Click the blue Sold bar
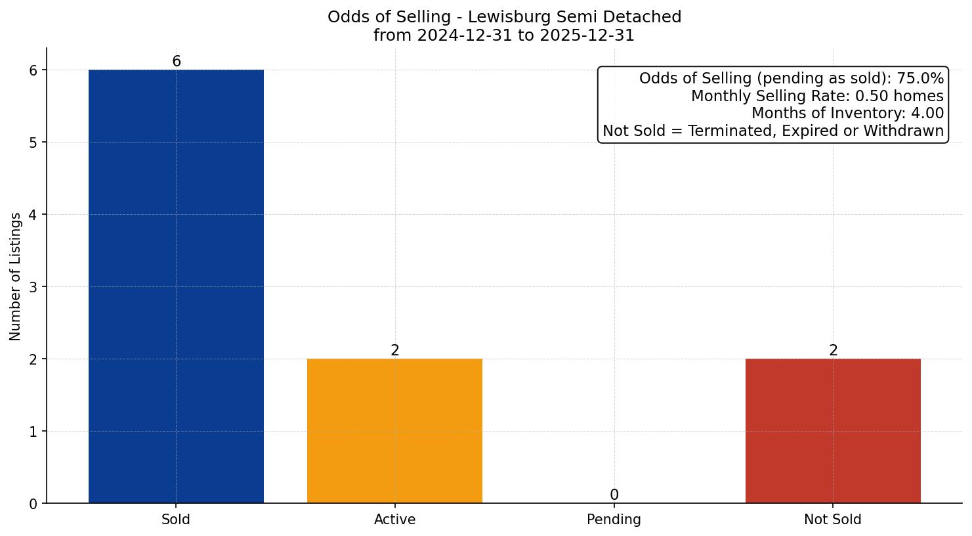pos(176,286)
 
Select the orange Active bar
pos(394,431)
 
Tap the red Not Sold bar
pos(833,431)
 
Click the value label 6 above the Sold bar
pos(176,62)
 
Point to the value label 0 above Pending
pos(614,495)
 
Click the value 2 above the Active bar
pos(394,351)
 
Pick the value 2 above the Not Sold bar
pos(833,351)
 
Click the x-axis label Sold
pos(176,520)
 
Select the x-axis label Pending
pos(614,520)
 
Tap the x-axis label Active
pos(394,520)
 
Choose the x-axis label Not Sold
pos(833,520)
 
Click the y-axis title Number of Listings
pos(16,277)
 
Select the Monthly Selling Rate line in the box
pos(817,97)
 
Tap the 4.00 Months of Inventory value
pos(927,114)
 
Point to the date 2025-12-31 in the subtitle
pos(586,35)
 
